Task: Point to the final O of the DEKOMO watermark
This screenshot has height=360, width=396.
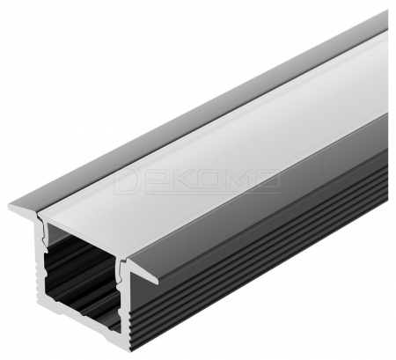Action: pos(266,178)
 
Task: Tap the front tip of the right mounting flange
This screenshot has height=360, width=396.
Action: pos(158,283)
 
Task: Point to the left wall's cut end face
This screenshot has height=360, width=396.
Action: pos(41,264)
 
